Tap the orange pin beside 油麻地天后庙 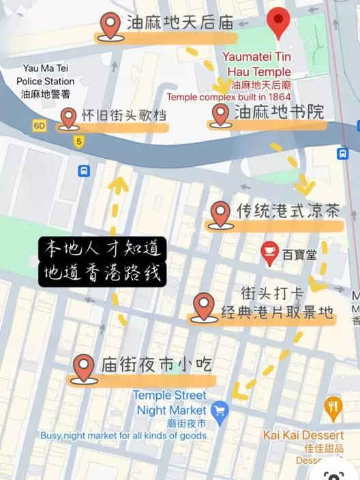click(x=110, y=25)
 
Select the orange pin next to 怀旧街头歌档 click(x=67, y=117)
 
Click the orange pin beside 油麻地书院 click(x=220, y=114)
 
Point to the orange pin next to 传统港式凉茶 click(x=220, y=213)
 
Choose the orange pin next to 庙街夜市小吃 click(x=84, y=367)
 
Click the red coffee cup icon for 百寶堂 click(x=269, y=254)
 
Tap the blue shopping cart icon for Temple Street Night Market click(x=219, y=410)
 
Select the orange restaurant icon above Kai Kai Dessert click(x=333, y=408)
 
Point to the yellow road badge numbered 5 click(x=80, y=142)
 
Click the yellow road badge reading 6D click(x=40, y=125)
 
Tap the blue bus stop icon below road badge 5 click(x=84, y=170)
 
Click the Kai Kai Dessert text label click(x=303, y=435)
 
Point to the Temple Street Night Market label click(x=170, y=403)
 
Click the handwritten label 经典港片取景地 click(x=277, y=313)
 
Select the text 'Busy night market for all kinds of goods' click(x=123, y=436)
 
